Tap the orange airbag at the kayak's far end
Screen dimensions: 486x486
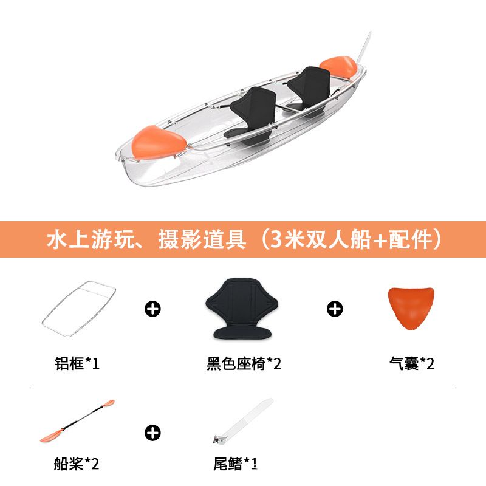(x=338, y=67)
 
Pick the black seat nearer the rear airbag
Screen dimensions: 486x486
(x=309, y=89)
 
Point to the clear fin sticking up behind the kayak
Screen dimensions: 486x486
(x=363, y=47)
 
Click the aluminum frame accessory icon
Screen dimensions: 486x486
(x=79, y=309)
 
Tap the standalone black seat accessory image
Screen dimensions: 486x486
(x=242, y=308)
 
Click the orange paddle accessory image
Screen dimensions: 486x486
(x=77, y=420)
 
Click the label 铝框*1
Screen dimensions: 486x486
(x=77, y=363)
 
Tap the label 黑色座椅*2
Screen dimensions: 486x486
(x=244, y=363)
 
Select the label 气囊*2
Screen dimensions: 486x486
(x=412, y=363)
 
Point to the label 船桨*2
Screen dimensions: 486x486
(x=77, y=464)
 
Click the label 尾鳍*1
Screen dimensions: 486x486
(x=235, y=464)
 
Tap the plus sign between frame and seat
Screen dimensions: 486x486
(x=152, y=309)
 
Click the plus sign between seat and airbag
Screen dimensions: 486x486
(x=335, y=309)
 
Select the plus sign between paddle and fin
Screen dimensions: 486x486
(x=152, y=433)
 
